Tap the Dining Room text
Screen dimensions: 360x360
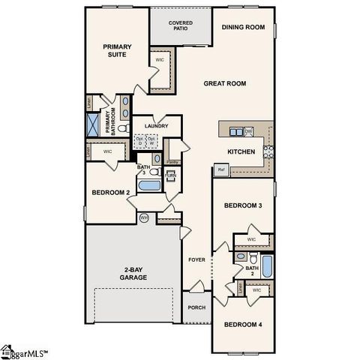pyautogui.click(x=243, y=28)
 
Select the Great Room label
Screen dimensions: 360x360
pyautogui.click(x=225, y=83)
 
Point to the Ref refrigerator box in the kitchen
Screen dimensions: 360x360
pyautogui.click(x=221, y=170)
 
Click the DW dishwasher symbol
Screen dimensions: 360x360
pyautogui.click(x=248, y=132)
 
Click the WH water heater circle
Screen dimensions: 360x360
pyautogui.click(x=144, y=217)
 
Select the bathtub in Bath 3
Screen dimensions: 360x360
pyautogui.click(x=149, y=184)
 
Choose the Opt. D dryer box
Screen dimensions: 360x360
pyautogui.click(x=140, y=140)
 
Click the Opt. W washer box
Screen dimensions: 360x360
pyautogui.click(x=152, y=140)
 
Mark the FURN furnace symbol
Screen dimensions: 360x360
pyautogui.click(x=169, y=177)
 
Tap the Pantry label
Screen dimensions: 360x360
pyautogui.click(x=172, y=161)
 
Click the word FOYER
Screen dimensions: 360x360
pyautogui.click(x=196, y=259)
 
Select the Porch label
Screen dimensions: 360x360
pyautogui.click(x=196, y=307)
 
